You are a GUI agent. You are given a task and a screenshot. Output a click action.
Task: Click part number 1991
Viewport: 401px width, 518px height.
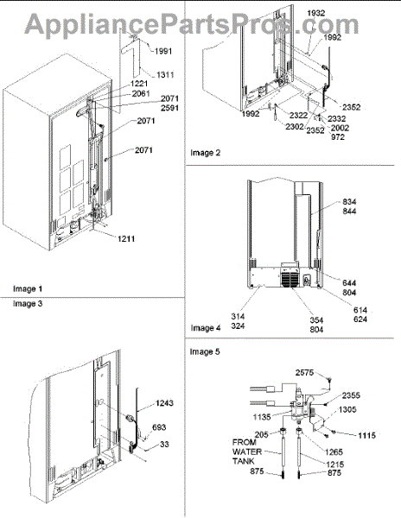pyautogui.click(x=163, y=51)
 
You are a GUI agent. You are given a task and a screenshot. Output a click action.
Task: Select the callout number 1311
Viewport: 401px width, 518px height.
pyautogui.click(x=165, y=75)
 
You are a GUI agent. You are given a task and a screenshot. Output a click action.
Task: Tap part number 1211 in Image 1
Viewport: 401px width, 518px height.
pyautogui.click(x=126, y=238)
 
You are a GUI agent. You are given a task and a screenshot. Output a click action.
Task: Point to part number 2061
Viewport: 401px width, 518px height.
pyautogui.click(x=141, y=94)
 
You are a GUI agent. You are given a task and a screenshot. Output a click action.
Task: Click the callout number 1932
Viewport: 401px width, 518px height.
pyautogui.click(x=316, y=13)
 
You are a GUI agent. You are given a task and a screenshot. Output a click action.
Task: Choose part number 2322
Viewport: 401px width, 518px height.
pyautogui.click(x=298, y=116)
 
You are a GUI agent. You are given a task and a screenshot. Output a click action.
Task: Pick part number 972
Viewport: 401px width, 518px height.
pyautogui.click(x=338, y=136)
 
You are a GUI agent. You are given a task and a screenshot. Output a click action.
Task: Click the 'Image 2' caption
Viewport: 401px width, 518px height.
pyautogui.click(x=205, y=153)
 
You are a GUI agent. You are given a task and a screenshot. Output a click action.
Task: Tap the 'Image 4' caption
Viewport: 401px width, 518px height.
pyautogui.click(x=205, y=328)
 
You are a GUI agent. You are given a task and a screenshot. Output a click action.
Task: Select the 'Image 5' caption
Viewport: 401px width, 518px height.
pyautogui.click(x=205, y=352)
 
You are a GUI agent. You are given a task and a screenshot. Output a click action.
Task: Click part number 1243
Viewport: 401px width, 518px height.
pyautogui.click(x=164, y=403)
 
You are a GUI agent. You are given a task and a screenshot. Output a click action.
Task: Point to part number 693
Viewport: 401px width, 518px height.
pyautogui.click(x=159, y=427)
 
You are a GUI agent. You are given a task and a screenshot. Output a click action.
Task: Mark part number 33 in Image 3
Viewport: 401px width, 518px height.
pyautogui.click(x=164, y=445)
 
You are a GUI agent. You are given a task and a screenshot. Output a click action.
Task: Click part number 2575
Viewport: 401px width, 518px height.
pyautogui.click(x=304, y=373)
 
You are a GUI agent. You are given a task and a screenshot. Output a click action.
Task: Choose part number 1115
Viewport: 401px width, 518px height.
pyautogui.click(x=366, y=435)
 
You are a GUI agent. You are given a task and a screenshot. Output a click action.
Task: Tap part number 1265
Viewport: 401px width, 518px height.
pyautogui.click(x=334, y=452)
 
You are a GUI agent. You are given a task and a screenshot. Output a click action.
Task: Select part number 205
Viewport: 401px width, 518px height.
pyautogui.click(x=262, y=435)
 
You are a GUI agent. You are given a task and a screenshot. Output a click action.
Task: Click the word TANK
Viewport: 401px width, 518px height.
pyautogui.click(x=244, y=461)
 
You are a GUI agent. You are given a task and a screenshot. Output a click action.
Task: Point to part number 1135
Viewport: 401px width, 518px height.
pyautogui.click(x=262, y=417)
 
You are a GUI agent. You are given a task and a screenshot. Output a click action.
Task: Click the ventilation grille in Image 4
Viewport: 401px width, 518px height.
pyautogui.click(x=290, y=280)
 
